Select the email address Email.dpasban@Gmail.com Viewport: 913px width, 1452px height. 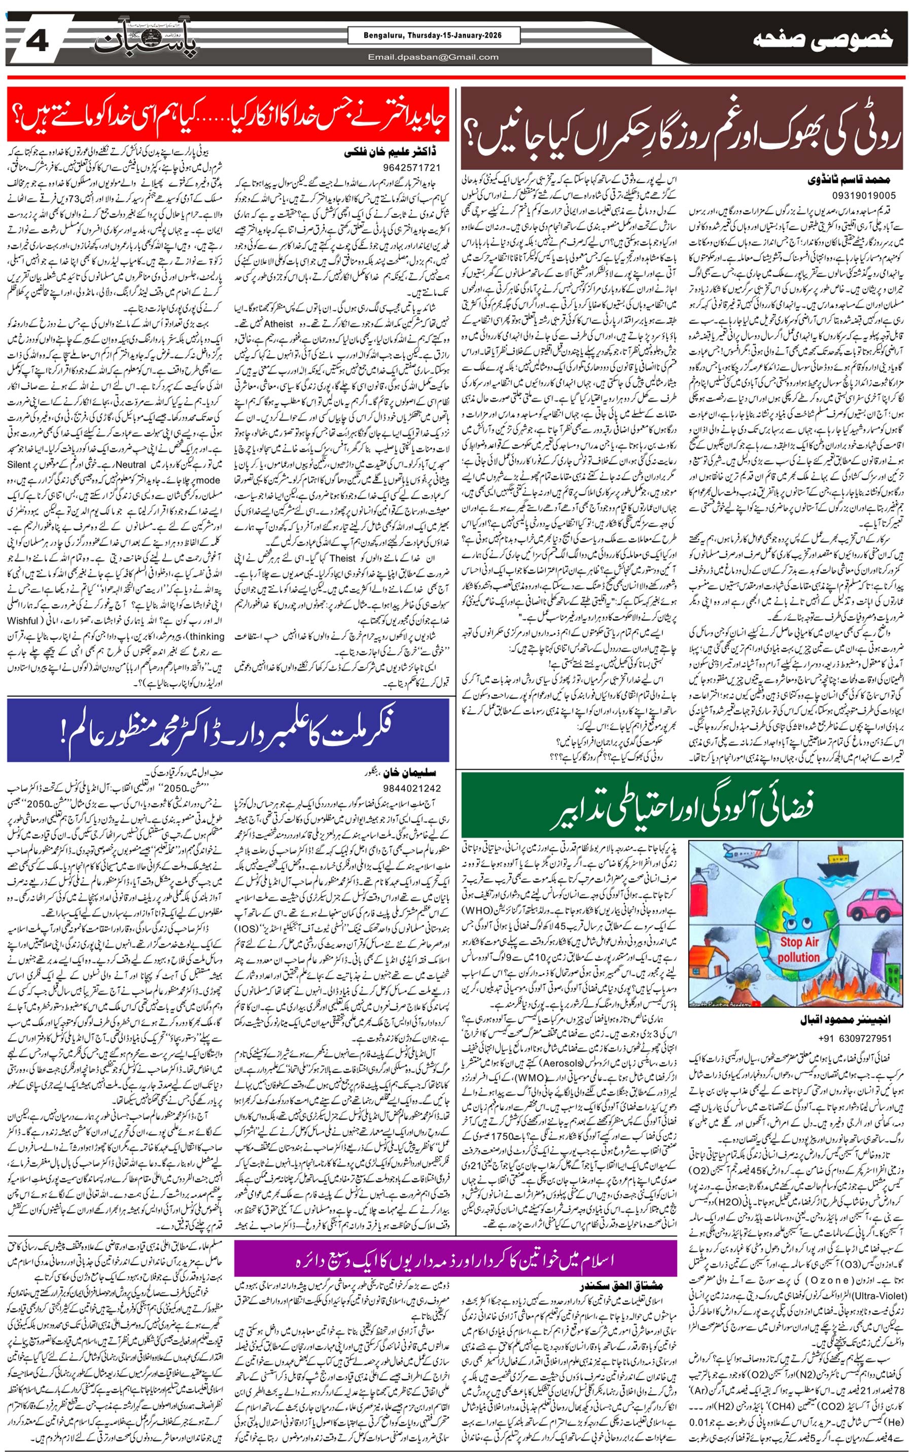tap(434, 57)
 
